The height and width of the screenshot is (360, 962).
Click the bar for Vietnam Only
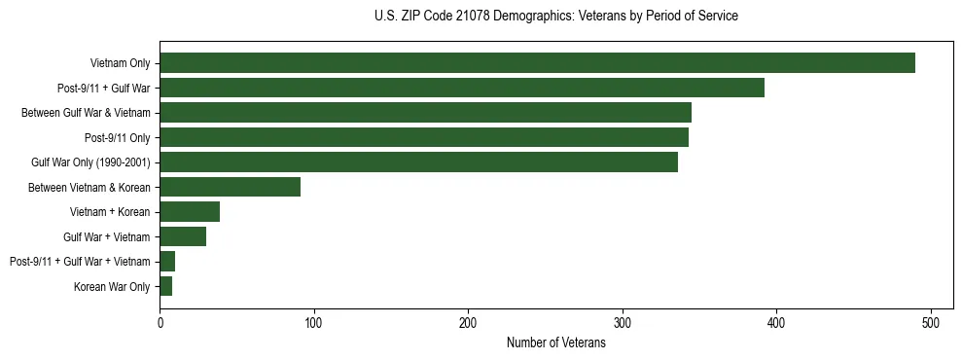pyautogui.click(x=537, y=63)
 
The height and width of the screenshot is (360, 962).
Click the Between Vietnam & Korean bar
pyautogui.click(x=231, y=187)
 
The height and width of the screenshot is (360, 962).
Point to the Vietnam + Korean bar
pyautogui.click(x=190, y=212)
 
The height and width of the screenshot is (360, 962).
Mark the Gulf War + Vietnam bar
pyautogui.click(x=183, y=236)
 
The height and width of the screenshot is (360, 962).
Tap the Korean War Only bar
pyautogui.click(x=166, y=286)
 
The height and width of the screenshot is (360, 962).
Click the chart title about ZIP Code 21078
pyautogui.click(x=555, y=17)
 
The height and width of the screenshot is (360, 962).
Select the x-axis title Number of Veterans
pyautogui.click(x=555, y=343)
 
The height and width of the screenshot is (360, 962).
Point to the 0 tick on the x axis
pyautogui.click(x=160, y=323)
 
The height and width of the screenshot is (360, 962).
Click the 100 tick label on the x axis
pyautogui.click(x=314, y=323)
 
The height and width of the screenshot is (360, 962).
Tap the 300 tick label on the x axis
pyautogui.click(x=623, y=323)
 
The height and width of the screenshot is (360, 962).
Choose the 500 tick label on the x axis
pyautogui.click(x=931, y=323)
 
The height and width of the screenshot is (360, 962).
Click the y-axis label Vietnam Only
pyautogui.click(x=120, y=63)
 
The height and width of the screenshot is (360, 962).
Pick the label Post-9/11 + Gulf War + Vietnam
pyautogui.click(x=80, y=262)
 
